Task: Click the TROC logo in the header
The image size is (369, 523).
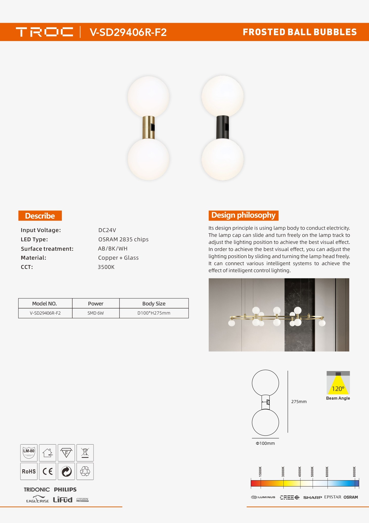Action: click(44, 32)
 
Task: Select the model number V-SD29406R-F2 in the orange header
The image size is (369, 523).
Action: click(128, 32)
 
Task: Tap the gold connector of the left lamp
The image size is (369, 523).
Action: click(149, 127)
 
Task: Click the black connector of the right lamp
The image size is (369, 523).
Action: click(223, 127)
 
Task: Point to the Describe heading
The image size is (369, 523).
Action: click(40, 216)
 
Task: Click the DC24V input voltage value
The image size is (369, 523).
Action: click(107, 230)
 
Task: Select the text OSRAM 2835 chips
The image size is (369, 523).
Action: click(123, 239)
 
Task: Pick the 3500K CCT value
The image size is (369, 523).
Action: click(106, 267)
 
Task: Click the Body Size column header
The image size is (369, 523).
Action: click(154, 303)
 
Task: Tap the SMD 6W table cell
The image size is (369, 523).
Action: click(96, 313)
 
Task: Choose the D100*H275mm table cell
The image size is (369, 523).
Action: click(154, 313)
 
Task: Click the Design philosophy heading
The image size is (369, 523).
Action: click(243, 215)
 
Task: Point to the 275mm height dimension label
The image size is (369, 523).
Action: click(299, 402)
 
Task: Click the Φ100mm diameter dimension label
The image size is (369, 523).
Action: click(265, 443)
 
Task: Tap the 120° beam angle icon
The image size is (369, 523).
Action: click(338, 383)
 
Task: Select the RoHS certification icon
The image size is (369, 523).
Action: click(29, 471)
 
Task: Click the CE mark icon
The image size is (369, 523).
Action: click(48, 471)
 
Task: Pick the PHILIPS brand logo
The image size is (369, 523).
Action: click(65, 490)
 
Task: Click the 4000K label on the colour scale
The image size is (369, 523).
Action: click(300, 472)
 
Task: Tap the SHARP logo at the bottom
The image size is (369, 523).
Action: click(312, 497)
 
